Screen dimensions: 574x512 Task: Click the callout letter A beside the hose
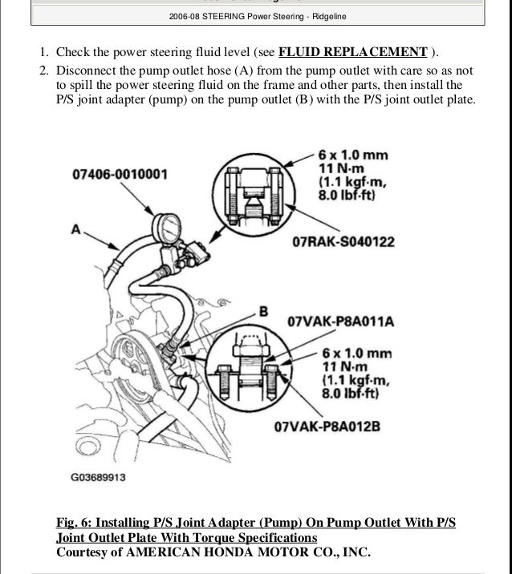click(76, 229)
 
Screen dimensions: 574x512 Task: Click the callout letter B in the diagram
click(262, 310)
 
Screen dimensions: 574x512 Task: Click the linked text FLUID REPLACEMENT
click(352, 52)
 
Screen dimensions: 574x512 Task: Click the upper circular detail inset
click(258, 193)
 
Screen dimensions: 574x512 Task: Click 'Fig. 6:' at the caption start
click(78, 523)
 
